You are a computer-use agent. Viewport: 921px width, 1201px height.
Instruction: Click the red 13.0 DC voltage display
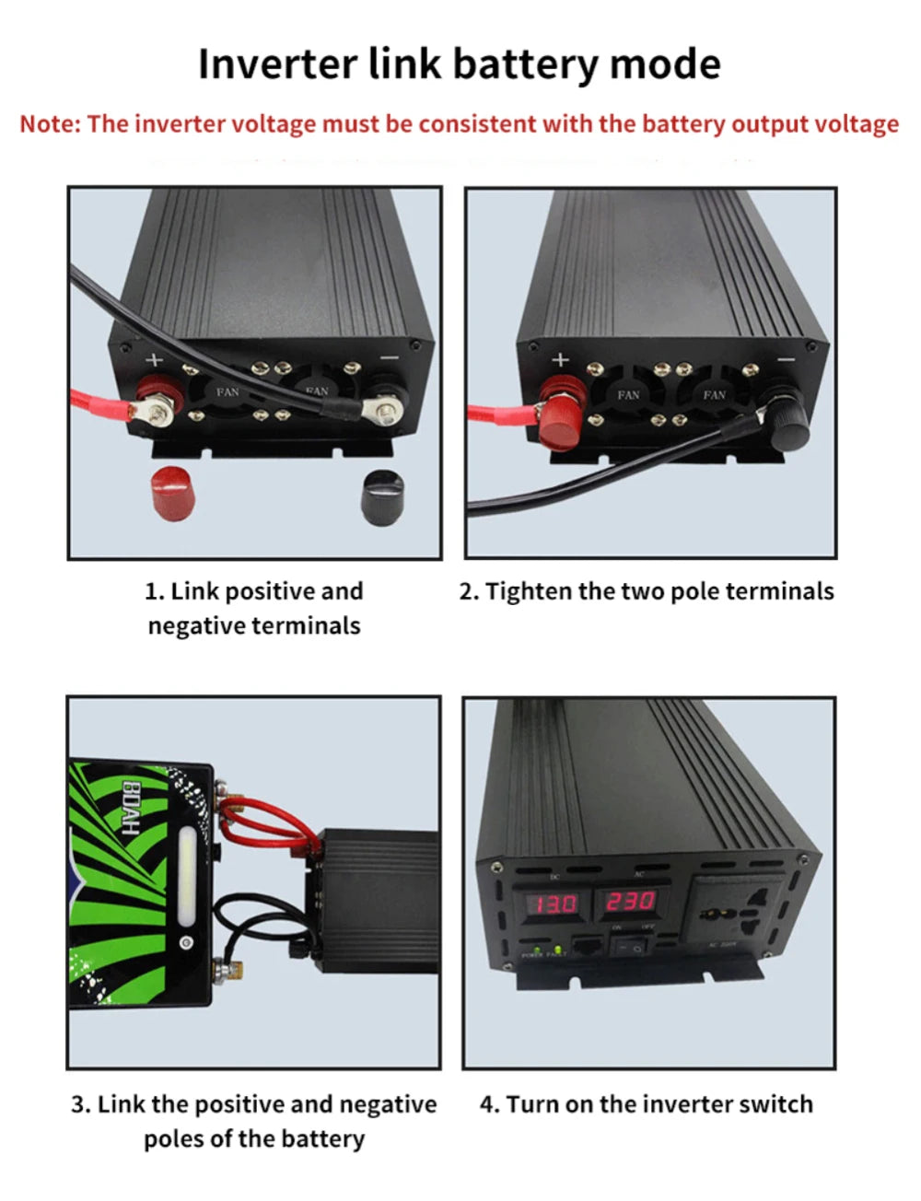pos(551,903)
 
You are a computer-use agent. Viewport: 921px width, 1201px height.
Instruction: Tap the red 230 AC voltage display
pos(630,901)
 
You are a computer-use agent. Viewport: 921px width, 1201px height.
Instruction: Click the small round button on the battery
pos(186,943)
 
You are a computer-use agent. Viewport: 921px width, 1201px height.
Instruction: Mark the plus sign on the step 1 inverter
pos(154,361)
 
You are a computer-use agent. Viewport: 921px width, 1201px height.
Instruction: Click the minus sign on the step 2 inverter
pos(786,359)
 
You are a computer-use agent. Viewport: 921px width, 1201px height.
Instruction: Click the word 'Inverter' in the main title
pos(277,64)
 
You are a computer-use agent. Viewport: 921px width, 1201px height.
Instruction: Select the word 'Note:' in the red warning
pos(50,123)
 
